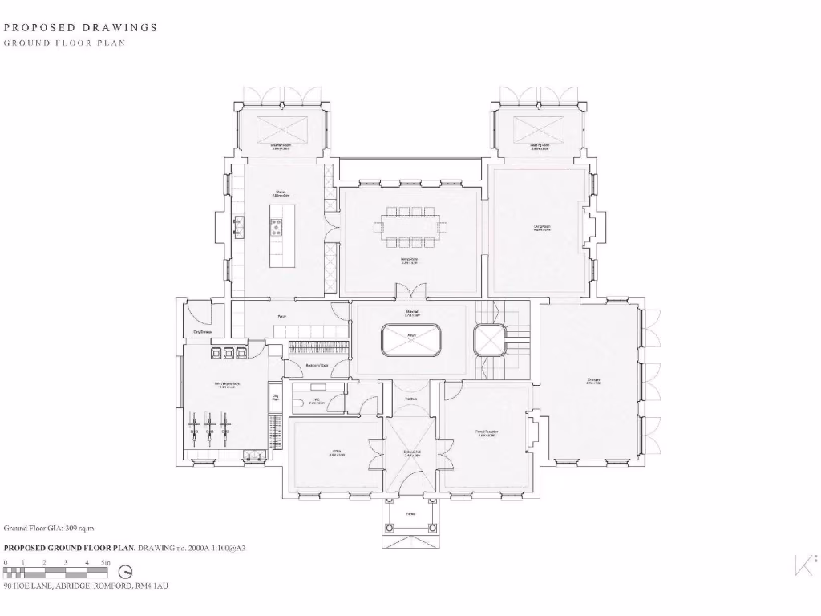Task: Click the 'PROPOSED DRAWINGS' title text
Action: tap(81, 27)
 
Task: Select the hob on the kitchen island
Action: tap(277, 227)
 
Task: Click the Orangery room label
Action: tap(593, 380)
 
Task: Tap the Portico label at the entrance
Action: tap(410, 514)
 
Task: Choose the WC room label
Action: tap(317, 400)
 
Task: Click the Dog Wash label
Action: tap(275, 397)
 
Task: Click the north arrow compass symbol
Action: tap(125, 572)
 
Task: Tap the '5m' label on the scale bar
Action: tap(105, 563)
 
